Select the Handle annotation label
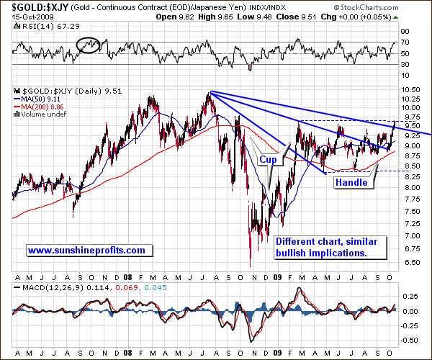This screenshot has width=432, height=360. click(x=351, y=183)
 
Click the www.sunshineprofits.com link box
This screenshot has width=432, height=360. click(x=87, y=251)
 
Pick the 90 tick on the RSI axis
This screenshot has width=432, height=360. click(x=405, y=32)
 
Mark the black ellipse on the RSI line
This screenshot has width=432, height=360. click(x=89, y=44)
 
